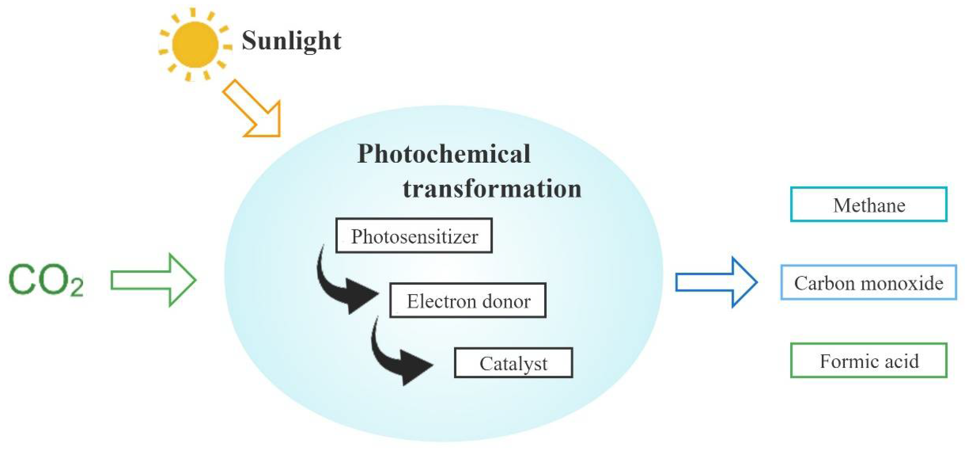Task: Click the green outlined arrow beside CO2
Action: (x=154, y=280)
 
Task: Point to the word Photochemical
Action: (x=444, y=154)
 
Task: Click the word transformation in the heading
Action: (x=492, y=188)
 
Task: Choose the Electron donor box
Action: (x=468, y=301)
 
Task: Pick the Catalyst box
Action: (x=513, y=363)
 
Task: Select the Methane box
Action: (x=869, y=205)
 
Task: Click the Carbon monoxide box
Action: (x=868, y=283)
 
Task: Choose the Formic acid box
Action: (x=869, y=360)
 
